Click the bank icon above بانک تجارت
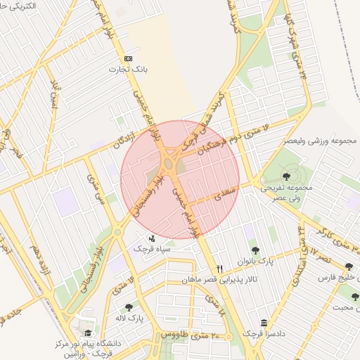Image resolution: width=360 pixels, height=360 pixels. pyautogui.click(x=127, y=58)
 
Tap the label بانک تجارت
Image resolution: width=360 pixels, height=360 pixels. pyautogui.click(x=127, y=70)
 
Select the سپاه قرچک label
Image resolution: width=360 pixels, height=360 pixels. pyautogui.click(x=148, y=248)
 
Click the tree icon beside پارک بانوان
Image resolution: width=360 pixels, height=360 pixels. pyautogui.click(x=255, y=250)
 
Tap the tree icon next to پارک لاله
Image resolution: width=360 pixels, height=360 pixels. pyautogui.click(x=129, y=307)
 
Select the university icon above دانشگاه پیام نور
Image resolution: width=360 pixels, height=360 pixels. pyautogui.click(x=87, y=333)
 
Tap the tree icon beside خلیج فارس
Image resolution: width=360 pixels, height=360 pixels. pyautogui.click(x=349, y=266)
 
